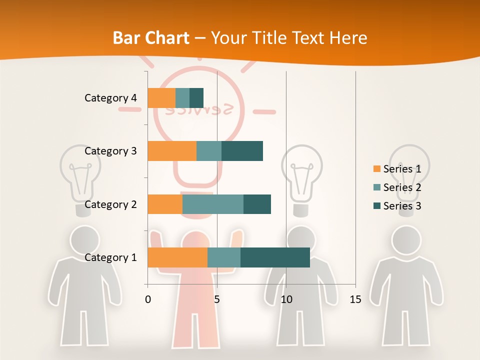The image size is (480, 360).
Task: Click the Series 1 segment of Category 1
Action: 177,257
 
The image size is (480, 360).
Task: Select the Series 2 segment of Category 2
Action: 213,204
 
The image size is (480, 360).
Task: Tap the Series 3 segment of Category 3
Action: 242,151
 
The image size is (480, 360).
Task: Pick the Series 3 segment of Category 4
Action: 196,97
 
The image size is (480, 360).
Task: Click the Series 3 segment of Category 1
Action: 275,257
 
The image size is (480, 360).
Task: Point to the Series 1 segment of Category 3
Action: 172,151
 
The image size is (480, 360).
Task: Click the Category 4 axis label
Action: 110,98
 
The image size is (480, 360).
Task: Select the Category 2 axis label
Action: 110,204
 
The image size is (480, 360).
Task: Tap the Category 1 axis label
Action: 110,257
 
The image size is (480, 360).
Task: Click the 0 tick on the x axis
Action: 148,300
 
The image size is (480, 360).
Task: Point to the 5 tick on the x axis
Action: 217,300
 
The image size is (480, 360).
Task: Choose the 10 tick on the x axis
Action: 286,300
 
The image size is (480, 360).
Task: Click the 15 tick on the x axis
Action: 355,300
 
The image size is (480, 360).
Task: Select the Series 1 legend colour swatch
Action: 376,169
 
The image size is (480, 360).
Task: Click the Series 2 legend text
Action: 402,187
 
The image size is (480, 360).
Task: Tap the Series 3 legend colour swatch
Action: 376,206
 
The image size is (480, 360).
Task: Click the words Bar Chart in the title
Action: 151,38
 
